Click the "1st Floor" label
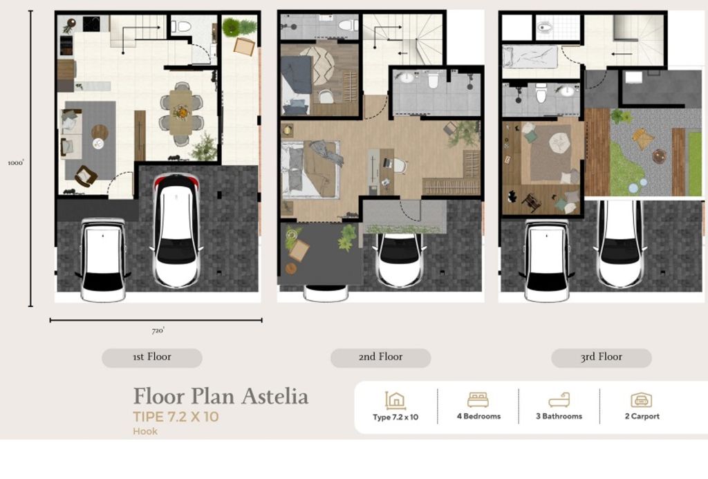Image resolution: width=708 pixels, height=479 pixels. pyautogui.click(x=151, y=357)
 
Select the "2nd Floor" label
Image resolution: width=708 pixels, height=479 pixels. pyautogui.click(x=380, y=357)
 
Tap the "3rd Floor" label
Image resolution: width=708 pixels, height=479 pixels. pyautogui.click(x=601, y=357)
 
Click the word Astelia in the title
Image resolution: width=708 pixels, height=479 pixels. pyautogui.click(x=274, y=397)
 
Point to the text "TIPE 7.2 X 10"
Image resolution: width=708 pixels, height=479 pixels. pyautogui.click(x=176, y=417)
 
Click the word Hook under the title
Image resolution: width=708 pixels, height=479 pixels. pyautogui.click(x=145, y=431)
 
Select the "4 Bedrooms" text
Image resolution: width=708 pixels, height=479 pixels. pyautogui.click(x=478, y=417)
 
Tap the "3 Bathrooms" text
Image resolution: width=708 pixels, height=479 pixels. pyautogui.click(x=559, y=417)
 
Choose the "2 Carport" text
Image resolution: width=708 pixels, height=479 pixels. pyautogui.click(x=642, y=417)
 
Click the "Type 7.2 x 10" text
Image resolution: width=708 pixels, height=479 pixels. pyautogui.click(x=395, y=417)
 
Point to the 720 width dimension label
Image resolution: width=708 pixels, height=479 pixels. pyautogui.click(x=158, y=330)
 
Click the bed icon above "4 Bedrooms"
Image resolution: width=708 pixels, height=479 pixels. pyautogui.click(x=478, y=400)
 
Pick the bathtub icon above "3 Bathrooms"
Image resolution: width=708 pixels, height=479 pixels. pyautogui.click(x=559, y=400)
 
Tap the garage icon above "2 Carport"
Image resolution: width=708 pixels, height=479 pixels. pyautogui.click(x=641, y=400)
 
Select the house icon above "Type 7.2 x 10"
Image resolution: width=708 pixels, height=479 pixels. pyautogui.click(x=395, y=400)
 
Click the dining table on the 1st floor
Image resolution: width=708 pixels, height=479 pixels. pyautogui.click(x=182, y=113)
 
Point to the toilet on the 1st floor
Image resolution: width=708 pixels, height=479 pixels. pyautogui.click(x=183, y=26)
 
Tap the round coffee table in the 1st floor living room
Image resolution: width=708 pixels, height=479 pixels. pyautogui.click(x=100, y=131)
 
